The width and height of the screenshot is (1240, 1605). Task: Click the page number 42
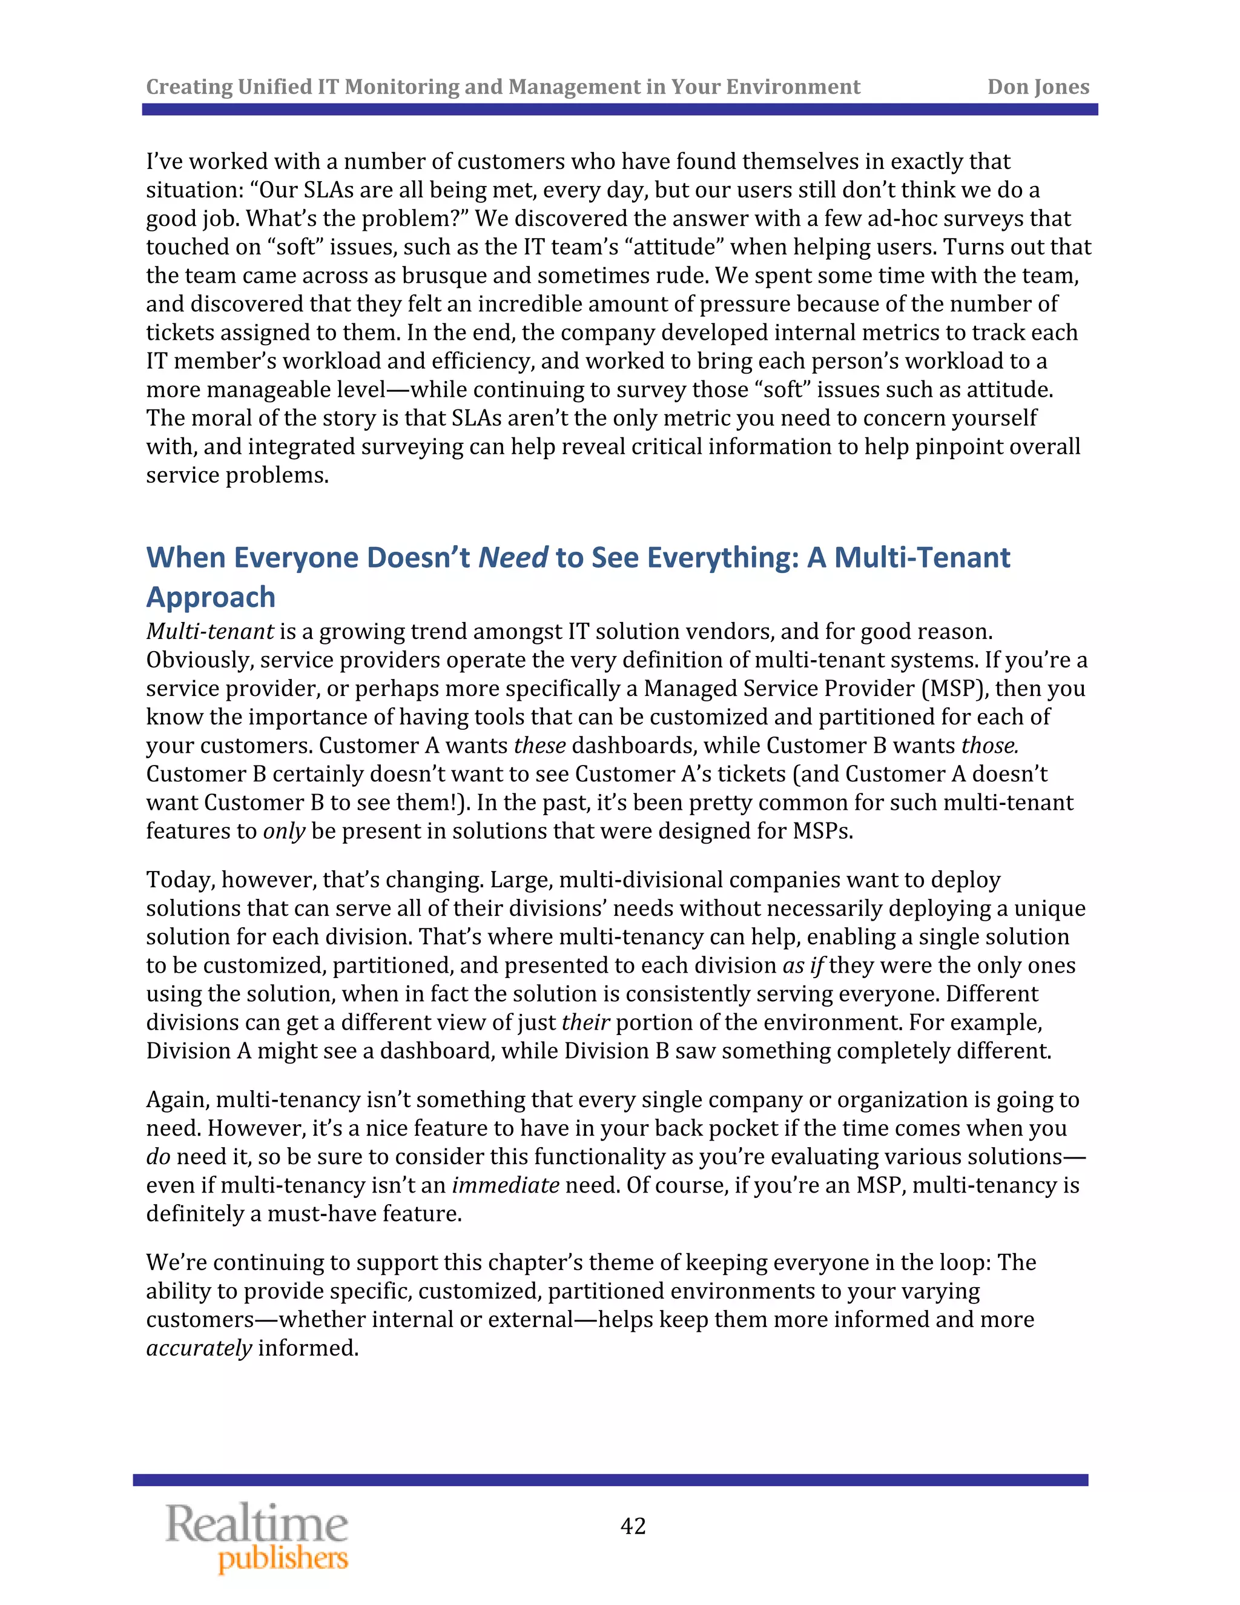click(633, 1526)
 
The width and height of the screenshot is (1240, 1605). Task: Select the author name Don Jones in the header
click(1037, 87)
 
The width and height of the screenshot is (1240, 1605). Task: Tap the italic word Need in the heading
click(513, 558)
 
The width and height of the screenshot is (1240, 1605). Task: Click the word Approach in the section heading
click(211, 597)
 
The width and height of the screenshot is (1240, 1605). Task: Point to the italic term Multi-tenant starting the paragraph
click(210, 631)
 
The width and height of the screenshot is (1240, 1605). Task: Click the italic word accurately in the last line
click(199, 1348)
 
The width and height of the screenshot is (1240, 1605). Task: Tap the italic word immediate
click(506, 1185)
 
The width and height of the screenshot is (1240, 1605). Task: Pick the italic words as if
click(803, 965)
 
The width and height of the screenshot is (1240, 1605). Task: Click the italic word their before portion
click(585, 1022)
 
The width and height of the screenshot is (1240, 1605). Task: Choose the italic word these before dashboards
click(539, 746)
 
